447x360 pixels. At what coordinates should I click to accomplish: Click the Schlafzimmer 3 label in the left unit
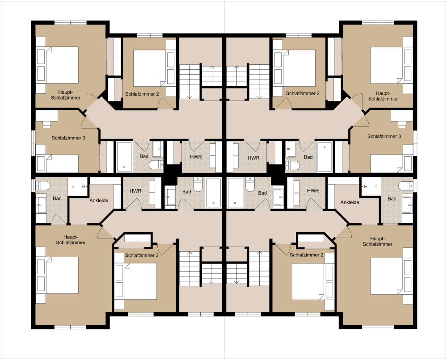[x=68, y=138]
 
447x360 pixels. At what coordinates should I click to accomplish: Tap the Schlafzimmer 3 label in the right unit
[x=384, y=136]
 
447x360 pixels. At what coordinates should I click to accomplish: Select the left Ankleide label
[x=99, y=201]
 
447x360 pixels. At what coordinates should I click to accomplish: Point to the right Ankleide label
[x=350, y=202]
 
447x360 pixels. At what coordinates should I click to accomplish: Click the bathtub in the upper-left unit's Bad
[x=124, y=157]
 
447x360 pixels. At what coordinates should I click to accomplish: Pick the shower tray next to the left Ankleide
[x=77, y=186]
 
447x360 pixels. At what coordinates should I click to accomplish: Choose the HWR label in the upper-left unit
[x=196, y=157]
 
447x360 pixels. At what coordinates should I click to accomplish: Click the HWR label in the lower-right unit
[x=313, y=191]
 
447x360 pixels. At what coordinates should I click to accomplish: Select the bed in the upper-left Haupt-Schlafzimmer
[x=58, y=65]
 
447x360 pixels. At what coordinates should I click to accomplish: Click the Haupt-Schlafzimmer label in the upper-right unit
[x=383, y=96]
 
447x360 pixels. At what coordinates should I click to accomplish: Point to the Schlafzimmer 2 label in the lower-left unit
[x=141, y=255]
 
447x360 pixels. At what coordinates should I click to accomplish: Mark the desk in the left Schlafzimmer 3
[x=46, y=116]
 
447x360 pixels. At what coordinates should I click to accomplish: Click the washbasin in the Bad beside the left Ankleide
[x=41, y=205]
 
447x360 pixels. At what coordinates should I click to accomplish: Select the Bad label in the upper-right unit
[x=308, y=157]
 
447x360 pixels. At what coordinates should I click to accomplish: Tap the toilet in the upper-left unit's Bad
[x=156, y=165]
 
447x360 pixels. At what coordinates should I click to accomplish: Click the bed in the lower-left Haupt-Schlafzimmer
[x=58, y=276]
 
